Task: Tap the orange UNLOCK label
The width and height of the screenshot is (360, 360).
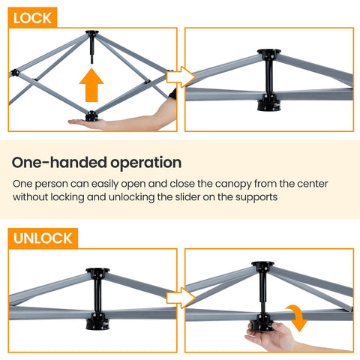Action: (x=43, y=238)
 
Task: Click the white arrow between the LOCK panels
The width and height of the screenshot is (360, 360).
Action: (x=181, y=76)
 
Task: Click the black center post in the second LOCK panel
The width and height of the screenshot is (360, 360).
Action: (x=268, y=79)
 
